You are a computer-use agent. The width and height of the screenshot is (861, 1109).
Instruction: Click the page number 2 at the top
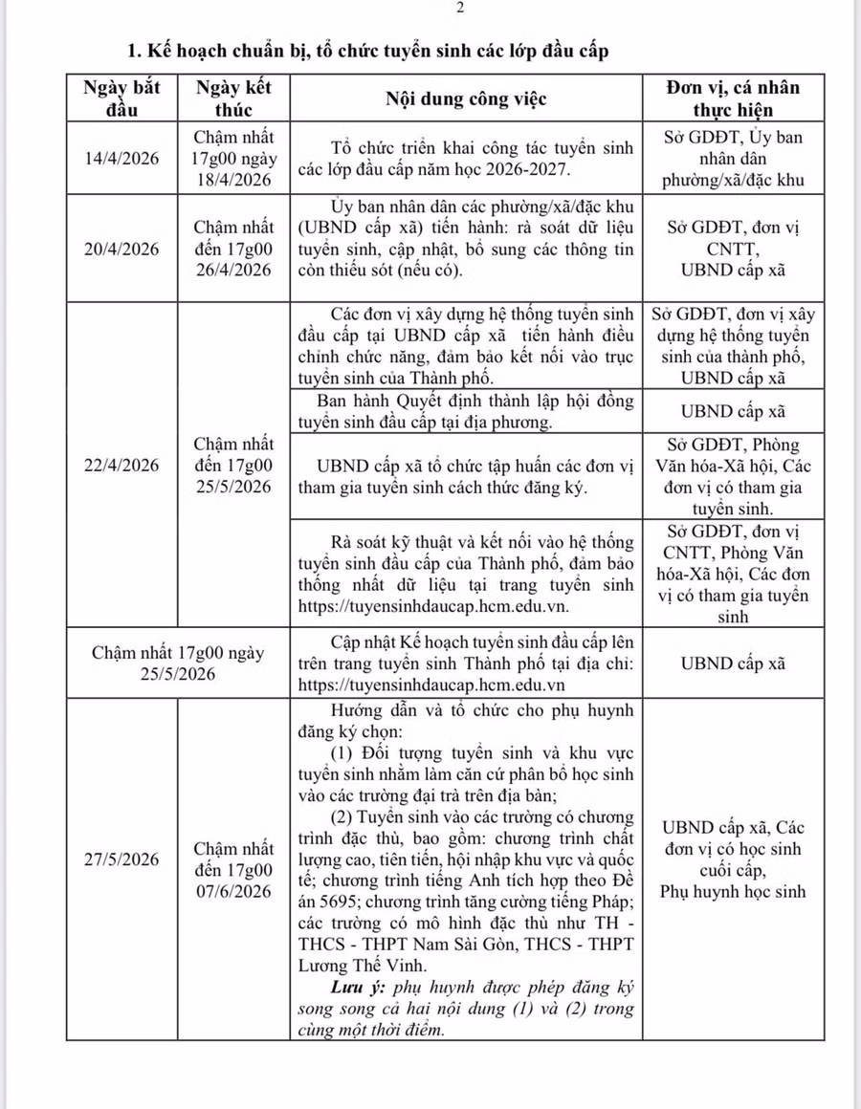[461, 9]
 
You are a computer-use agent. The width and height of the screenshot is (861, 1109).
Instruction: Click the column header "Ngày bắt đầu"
[121, 98]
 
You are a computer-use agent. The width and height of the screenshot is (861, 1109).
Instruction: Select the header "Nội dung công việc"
[466, 98]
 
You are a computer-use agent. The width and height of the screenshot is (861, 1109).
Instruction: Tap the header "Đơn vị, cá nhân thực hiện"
[733, 98]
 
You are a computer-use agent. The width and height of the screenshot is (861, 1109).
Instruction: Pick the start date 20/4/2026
[121, 249]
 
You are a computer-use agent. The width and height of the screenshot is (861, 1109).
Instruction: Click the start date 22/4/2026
[121, 466]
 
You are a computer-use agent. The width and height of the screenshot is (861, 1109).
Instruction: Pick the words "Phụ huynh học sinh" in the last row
[733, 892]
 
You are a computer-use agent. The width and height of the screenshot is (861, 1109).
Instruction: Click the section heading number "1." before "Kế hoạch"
[135, 49]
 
